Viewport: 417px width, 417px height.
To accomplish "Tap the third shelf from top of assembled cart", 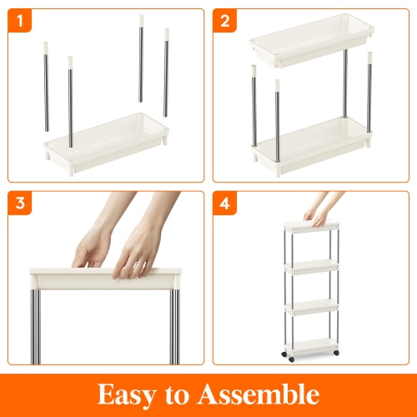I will click(x=313, y=307).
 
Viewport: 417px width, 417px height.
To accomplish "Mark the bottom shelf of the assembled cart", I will click(x=313, y=342).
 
